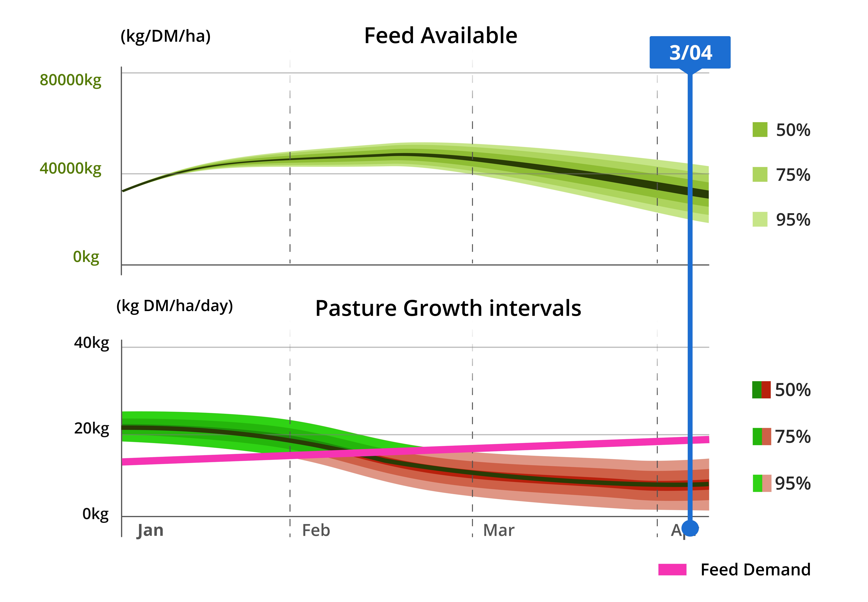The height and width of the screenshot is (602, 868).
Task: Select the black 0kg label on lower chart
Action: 95,514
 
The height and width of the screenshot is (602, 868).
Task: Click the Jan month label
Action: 150,530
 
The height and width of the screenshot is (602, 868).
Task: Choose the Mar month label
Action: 498,530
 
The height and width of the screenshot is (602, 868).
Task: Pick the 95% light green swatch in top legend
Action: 760,219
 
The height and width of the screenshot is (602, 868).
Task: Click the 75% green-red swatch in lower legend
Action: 762,436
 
